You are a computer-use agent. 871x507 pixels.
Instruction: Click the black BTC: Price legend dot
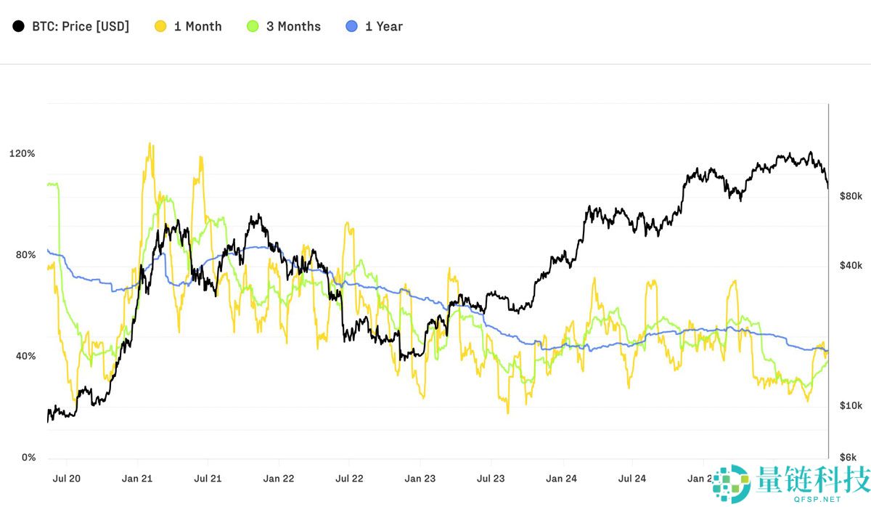[17, 27]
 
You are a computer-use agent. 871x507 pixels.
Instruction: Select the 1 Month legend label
[197, 27]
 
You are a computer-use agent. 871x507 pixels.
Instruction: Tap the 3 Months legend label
[293, 27]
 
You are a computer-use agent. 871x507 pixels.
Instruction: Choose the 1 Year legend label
[383, 27]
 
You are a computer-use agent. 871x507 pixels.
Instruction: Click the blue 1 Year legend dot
[352, 27]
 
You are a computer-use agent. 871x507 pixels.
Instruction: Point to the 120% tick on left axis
[22, 154]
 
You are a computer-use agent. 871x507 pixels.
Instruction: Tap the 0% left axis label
[28, 457]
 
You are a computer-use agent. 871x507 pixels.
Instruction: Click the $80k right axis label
[850, 196]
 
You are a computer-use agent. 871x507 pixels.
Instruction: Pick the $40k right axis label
[850, 266]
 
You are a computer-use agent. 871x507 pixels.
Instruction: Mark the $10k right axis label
[850, 405]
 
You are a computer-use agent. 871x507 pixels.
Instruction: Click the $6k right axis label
[850, 457]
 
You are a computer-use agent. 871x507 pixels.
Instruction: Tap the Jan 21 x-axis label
[137, 479]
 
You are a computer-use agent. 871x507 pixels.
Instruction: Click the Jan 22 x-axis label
[279, 479]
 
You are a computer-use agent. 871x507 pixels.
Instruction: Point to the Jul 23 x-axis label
[491, 479]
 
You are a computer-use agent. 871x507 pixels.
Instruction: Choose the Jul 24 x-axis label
[632, 479]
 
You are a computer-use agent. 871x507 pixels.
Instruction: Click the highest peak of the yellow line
[150, 143]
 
